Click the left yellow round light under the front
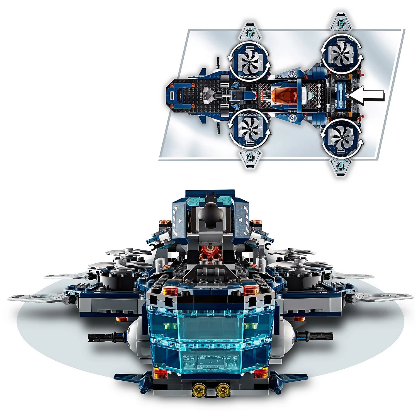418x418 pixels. pos(198,389)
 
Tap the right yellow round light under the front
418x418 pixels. pos(222,389)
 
